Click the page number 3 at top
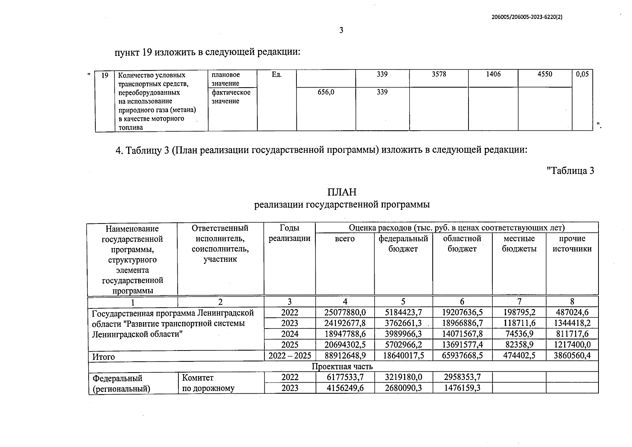(x=341, y=30)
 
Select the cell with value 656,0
(x=326, y=92)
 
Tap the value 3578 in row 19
(x=439, y=74)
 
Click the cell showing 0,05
(x=582, y=74)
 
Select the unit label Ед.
(x=276, y=75)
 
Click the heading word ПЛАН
(x=342, y=192)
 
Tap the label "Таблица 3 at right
(x=570, y=171)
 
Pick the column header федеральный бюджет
(x=403, y=244)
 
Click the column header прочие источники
(x=572, y=244)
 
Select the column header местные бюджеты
(x=519, y=244)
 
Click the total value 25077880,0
(x=345, y=313)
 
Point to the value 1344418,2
(x=572, y=323)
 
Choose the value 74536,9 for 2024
(x=519, y=334)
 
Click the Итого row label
(x=104, y=356)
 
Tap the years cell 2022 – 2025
(x=289, y=356)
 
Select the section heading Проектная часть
(x=342, y=367)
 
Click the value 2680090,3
(x=403, y=388)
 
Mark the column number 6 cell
(x=462, y=302)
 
